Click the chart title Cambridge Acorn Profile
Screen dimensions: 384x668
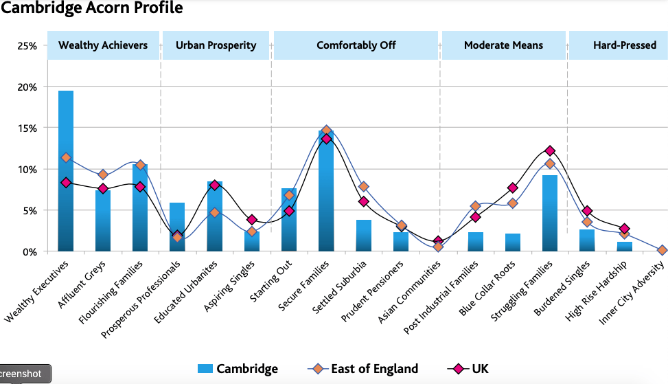[92, 8]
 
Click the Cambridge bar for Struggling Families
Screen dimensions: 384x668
[549, 213]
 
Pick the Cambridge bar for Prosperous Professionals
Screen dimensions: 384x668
[177, 227]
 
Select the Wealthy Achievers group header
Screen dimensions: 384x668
[103, 45]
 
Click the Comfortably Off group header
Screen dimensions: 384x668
[356, 45]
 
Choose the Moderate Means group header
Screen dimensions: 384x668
[503, 45]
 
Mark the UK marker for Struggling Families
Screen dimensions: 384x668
[549, 150]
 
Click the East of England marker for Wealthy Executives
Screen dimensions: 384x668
[66, 157]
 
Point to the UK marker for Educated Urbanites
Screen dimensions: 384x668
[214, 185]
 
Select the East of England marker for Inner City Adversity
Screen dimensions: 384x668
[661, 250]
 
